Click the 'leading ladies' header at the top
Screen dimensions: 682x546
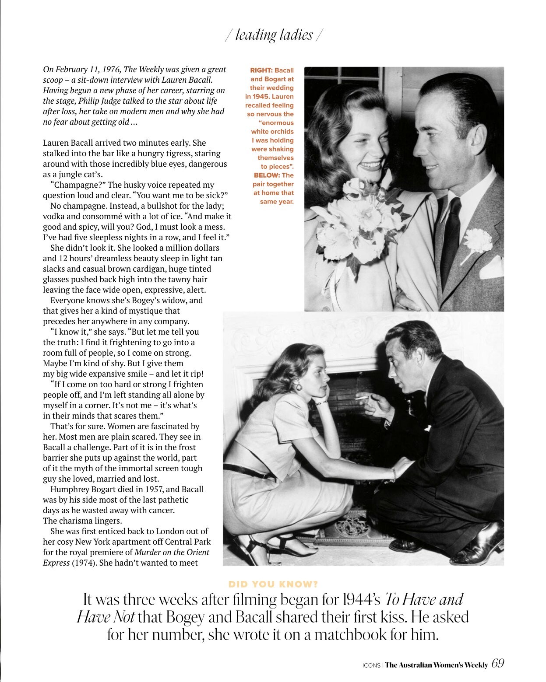coord(274,35)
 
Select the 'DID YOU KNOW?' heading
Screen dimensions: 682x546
coord(273,584)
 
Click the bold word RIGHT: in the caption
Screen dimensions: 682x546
coord(261,70)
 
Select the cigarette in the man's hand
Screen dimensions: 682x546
coord(362,397)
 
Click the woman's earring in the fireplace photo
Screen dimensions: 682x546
coord(299,387)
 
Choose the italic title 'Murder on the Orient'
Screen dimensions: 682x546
coord(172,553)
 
